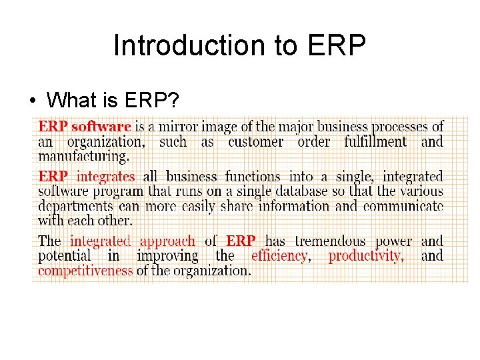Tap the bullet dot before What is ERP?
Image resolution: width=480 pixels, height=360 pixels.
(x=32, y=101)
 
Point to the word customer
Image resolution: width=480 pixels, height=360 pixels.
(x=255, y=141)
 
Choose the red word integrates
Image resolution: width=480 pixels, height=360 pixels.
(x=105, y=177)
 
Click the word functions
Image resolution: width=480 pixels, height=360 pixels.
(x=252, y=177)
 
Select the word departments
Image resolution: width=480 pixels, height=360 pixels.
(x=75, y=206)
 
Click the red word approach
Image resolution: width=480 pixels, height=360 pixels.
(x=167, y=241)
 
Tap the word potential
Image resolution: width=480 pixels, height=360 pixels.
(x=64, y=256)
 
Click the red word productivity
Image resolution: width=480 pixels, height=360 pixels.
(x=366, y=256)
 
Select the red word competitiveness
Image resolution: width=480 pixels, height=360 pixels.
(x=85, y=270)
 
